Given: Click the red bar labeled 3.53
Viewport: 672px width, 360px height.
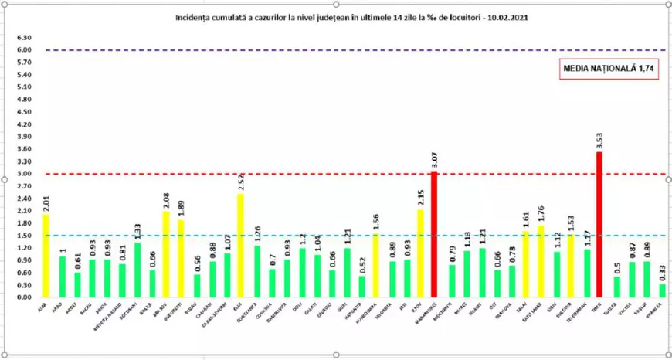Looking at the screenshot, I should [x=599, y=224].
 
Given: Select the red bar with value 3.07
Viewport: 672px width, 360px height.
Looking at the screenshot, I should [x=433, y=234].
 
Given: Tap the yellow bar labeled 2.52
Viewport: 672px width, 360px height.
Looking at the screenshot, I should [x=240, y=245].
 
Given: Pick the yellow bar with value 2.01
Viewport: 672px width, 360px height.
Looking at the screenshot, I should [x=46, y=256].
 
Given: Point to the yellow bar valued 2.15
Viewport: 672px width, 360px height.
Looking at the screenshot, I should [x=420, y=253].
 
